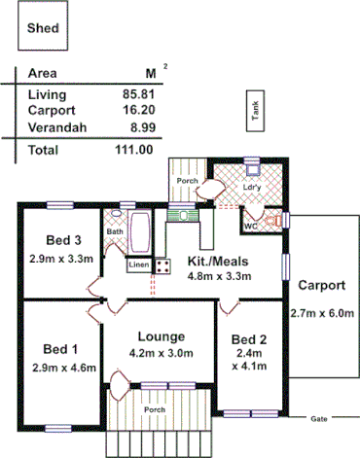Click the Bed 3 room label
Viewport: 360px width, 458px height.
pyautogui.click(x=62, y=240)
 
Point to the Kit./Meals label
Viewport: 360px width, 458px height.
pyautogui.click(x=220, y=261)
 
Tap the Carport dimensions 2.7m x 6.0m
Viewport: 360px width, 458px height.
pyautogui.click(x=321, y=313)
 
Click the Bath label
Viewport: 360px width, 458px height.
pyautogui.click(x=115, y=231)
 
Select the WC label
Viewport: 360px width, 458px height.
pyautogui.click(x=249, y=226)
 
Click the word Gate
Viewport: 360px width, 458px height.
pyautogui.click(x=318, y=419)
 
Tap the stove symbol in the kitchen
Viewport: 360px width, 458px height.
pyautogui.click(x=163, y=264)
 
